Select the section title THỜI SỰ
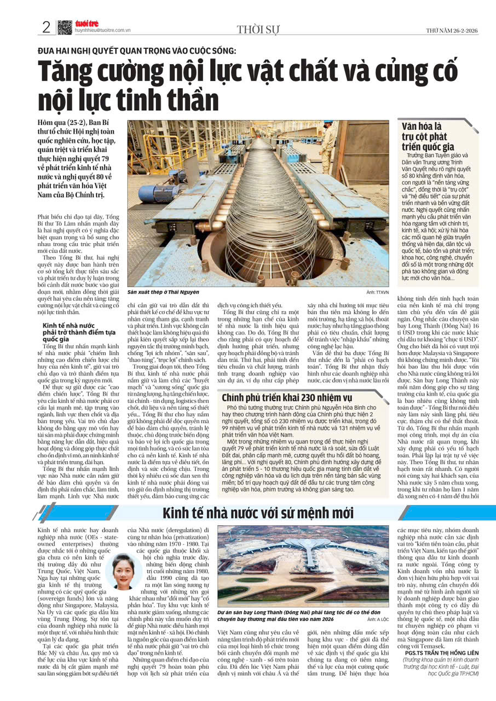(257, 30)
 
